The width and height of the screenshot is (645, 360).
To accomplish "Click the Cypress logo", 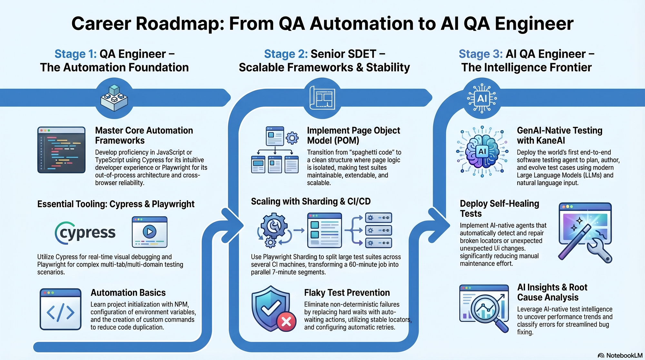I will tap(85, 233).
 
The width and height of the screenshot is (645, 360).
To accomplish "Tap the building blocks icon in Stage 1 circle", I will tap(114, 98).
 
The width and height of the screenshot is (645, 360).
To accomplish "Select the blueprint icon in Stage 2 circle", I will tap(322, 98).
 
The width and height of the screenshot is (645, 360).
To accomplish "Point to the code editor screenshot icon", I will tap(61, 150).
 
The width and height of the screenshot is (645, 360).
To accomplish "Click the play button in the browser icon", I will tap(149, 231).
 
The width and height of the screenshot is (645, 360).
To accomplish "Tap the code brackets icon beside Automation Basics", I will tap(60, 309).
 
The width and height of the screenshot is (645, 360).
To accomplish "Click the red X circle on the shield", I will tap(286, 321).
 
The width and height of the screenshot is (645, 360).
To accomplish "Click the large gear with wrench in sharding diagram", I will tap(274, 225).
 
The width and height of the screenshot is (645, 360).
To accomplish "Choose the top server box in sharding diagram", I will tap(378, 218).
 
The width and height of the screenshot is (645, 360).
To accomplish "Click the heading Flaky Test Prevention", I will tap(347, 293).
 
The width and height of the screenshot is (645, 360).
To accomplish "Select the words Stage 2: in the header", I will tap(286, 54).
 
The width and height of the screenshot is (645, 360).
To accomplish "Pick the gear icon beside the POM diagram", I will tap(292, 138).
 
